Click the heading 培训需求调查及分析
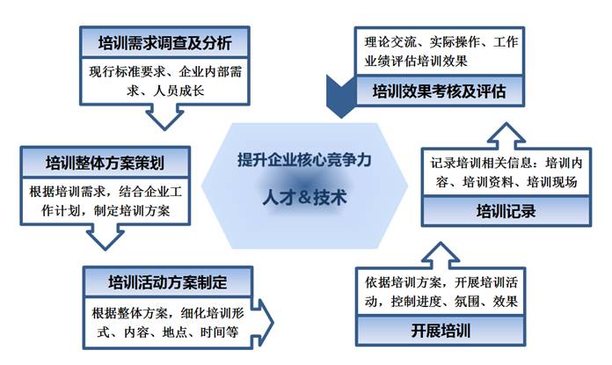click(164, 42)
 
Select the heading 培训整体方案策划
click(105, 163)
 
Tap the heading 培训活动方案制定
click(168, 282)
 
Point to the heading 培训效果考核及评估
click(439, 91)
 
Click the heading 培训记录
click(506, 211)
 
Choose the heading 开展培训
click(441, 331)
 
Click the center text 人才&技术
click(304, 197)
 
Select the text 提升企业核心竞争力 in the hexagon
click(304, 160)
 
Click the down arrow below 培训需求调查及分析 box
click(164, 117)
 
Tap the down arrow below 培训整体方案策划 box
click(105, 237)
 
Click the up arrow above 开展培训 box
click(441, 255)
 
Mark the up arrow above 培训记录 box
click(506, 135)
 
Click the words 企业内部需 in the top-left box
click(210, 72)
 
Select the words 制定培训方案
click(132, 211)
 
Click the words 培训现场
click(552, 182)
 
